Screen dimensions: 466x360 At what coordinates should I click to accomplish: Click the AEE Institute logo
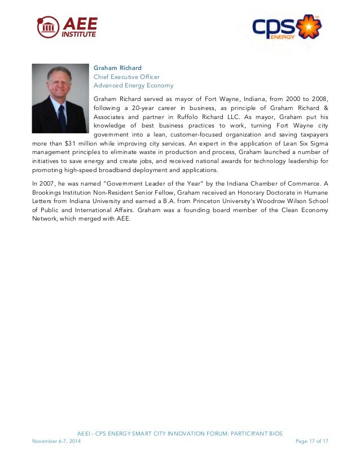pos(67,27)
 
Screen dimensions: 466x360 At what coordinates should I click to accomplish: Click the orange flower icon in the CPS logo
pos(309,26)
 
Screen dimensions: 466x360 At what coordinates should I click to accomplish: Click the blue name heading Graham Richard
pos(117,68)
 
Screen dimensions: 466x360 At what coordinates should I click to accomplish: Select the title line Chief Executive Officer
pos(126,77)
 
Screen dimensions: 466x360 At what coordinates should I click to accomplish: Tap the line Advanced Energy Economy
pos(133,86)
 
